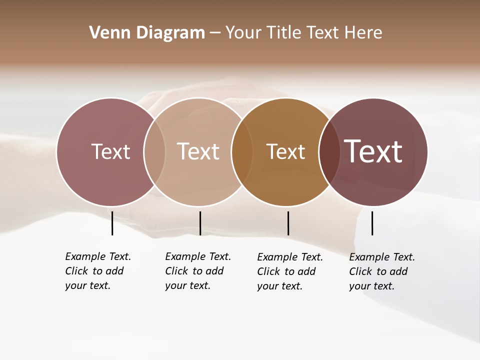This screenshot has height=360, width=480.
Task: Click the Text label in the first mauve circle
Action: coord(110,151)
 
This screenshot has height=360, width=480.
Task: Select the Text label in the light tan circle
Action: coord(198,151)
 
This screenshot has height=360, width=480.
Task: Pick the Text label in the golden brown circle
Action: coord(285,151)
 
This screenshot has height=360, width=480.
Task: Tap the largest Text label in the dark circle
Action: coord(373,151)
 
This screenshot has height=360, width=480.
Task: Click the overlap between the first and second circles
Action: coord(154,152)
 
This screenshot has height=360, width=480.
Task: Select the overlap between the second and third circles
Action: coord(242,152)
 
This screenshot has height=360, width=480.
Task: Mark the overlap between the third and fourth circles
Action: coord(329,152)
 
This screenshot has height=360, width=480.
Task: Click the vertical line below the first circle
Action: coord(112,223)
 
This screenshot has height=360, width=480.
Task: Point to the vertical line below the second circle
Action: coord(200,223)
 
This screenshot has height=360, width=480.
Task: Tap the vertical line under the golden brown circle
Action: coord(288,223)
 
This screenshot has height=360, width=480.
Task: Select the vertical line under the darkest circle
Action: coord(372,223)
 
